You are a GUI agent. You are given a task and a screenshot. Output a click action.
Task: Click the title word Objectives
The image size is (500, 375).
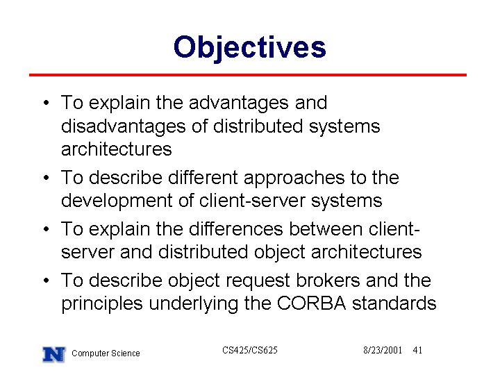pyautogui.click(x=250, y=48)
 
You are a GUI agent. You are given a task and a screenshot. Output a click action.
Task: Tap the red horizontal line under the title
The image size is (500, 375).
pyautogui.click(x=248, y=75)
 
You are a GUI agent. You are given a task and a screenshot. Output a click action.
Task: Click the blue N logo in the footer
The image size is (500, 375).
pyautogui.click(x=54, y=354)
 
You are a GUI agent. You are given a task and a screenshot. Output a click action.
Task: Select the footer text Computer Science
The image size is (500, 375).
pyautogui.click(x=106, y=353)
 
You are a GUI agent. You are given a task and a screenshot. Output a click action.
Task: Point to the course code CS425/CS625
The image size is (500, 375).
pyautogui.click(x=250, y=350)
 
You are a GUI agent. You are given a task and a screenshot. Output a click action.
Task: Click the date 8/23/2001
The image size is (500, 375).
pyautogui.click(x=383, y=350)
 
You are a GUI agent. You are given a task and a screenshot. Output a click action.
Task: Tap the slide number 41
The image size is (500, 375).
pyautogui.click(x=417, y=350)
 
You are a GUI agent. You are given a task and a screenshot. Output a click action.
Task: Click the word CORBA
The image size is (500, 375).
pyautogui.click(x=311, y=303)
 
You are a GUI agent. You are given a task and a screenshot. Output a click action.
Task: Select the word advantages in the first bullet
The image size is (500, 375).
pyautogui.click(x=238, y=103)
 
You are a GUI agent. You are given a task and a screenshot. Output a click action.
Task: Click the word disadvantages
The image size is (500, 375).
pyautogui.click(x=124, y=126)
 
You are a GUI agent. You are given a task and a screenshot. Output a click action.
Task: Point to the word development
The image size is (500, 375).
pyautogui.click(x=117, y=201)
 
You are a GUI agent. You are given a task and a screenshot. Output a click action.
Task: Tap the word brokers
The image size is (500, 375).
pyautogui.click(x=328, y=281)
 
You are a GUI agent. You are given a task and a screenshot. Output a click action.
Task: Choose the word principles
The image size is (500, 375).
pyautogui.click(x=102, y=304)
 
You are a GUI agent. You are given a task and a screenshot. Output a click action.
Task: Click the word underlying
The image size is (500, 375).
pyautogui.click(x=194, y=304)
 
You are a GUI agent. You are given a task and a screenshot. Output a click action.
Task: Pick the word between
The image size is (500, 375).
pyautogui.click(x=326, y=229)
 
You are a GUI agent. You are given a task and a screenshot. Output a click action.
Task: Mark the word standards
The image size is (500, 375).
pyautogui.click(x=394, y=303)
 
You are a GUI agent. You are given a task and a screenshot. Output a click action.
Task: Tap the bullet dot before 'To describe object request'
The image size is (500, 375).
pyautogui.click(x=47, y=281)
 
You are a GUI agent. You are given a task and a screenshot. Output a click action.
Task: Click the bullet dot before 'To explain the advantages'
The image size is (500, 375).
pyautogui.click(x=47, y=103)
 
